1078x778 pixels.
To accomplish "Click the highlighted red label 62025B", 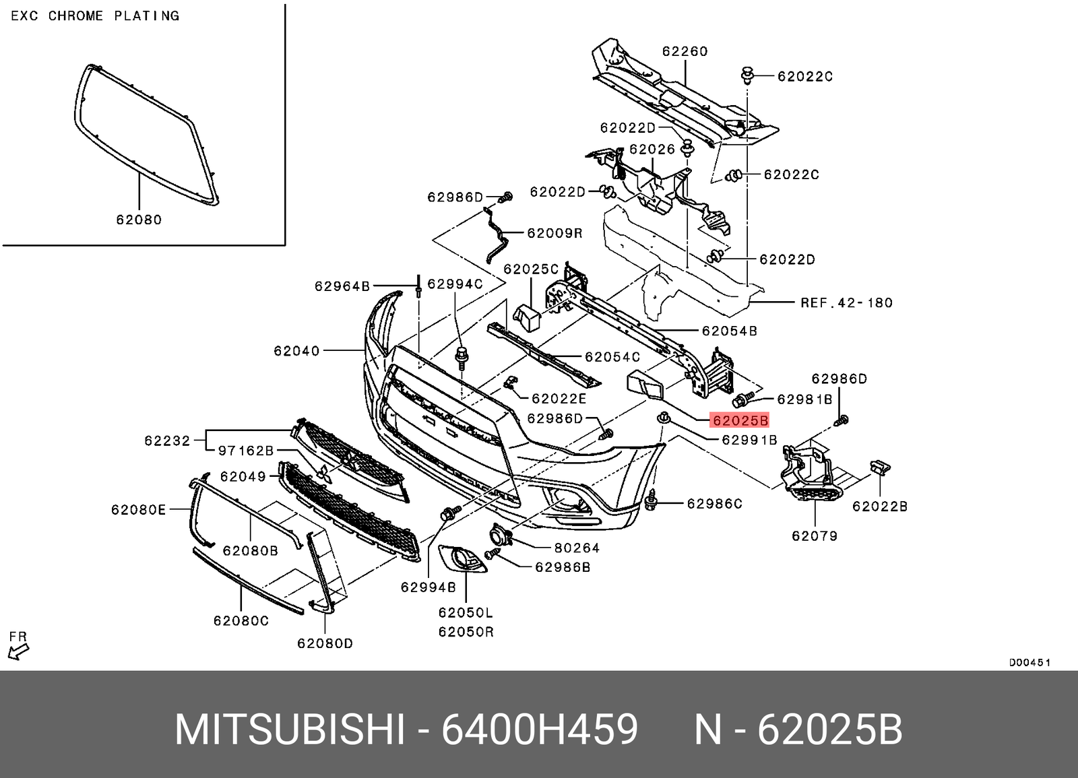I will [x=740, y=421].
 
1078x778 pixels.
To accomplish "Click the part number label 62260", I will [x=685, y=51].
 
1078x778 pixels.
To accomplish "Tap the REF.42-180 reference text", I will [x=846, y=303].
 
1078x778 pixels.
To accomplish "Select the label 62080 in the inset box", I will [x=139, y=220].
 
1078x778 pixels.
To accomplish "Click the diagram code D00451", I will [x=1029, y=663].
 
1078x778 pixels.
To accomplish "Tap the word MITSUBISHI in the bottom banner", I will [x=290, y=730].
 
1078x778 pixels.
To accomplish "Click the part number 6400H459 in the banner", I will [x=539, y=730].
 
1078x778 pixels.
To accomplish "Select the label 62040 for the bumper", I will [x=296, y=351].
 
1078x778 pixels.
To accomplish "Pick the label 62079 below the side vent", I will [x=815, y=536].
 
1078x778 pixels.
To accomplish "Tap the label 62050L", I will [x=466, y=613].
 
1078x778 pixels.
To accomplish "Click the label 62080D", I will [x=325, y=644].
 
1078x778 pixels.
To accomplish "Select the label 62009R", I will [x=554, y=233].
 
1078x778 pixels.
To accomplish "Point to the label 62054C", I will [x=612, y=357].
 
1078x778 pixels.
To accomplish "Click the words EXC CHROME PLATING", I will [x=95, y=15].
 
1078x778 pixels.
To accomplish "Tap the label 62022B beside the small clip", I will [x=880, y=507].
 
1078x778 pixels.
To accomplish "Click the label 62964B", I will [x=342, y=286].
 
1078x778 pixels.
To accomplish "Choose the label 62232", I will [x=167, y=441].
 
